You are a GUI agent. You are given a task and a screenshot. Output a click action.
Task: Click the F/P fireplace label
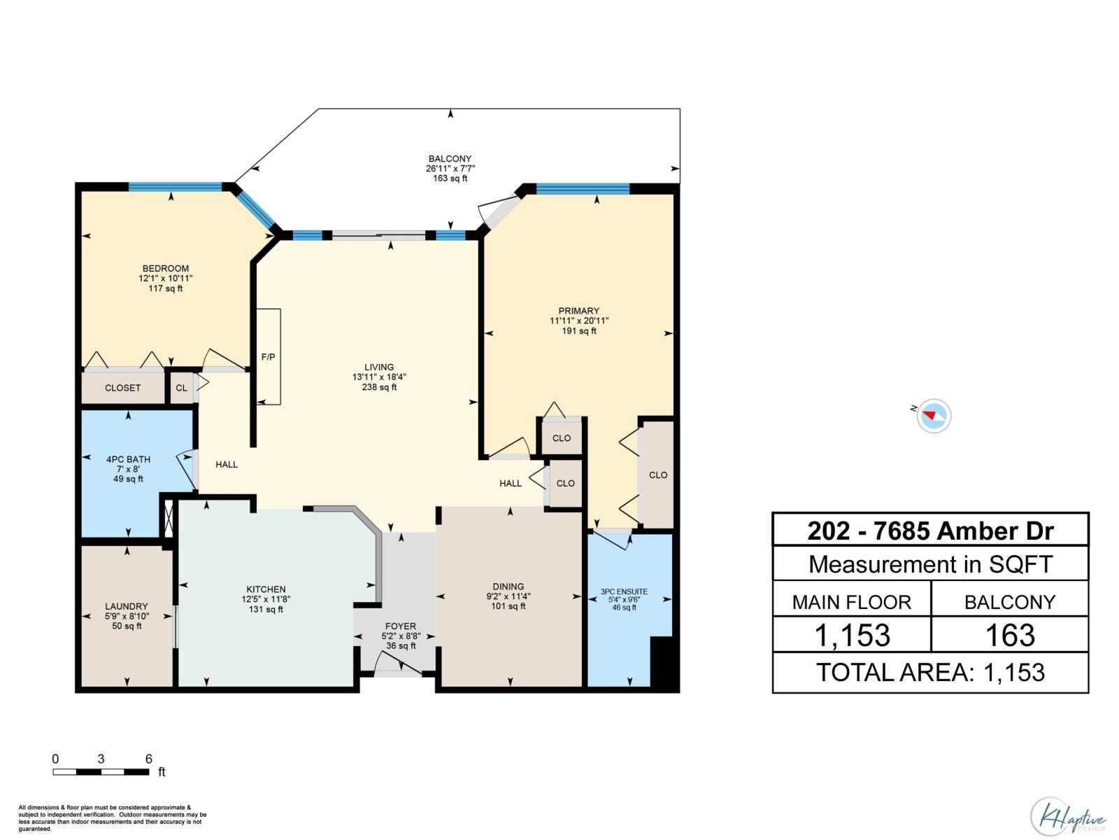coord(268,357)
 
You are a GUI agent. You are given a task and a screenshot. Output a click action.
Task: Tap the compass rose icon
coord(934,416)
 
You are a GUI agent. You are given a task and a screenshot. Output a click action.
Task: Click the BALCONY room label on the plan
coord(450,159)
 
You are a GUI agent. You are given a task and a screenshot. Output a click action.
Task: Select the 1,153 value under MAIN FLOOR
coord(852,636)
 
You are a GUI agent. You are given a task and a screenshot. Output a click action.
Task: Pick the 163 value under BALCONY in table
coord(1009,636)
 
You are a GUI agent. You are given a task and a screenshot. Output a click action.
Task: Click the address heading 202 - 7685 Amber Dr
coord(930,531)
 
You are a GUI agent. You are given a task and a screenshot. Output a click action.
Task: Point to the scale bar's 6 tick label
coord(148,759)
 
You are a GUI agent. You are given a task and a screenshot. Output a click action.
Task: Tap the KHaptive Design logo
coord(1067,816)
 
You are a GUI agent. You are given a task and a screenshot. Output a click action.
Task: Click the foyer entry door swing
coord(397,664)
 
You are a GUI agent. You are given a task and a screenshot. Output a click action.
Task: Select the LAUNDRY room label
coord(127,606)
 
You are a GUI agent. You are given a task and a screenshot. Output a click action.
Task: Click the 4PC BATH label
coord(128,459)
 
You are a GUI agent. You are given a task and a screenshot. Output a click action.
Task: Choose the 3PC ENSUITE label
coord(624,591)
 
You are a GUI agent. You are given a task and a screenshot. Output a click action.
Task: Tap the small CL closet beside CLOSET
coord(181,388)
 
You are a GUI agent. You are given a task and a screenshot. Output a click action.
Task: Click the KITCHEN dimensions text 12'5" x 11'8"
coord(266,599)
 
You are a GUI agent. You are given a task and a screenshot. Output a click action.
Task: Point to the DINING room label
coord(508,587)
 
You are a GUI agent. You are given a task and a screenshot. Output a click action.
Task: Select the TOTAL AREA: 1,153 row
coord(930,673)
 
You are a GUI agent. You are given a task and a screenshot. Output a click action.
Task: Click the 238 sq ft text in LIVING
coord(379,387)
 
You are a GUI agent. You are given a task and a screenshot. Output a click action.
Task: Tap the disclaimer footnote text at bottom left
coord(112,818)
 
